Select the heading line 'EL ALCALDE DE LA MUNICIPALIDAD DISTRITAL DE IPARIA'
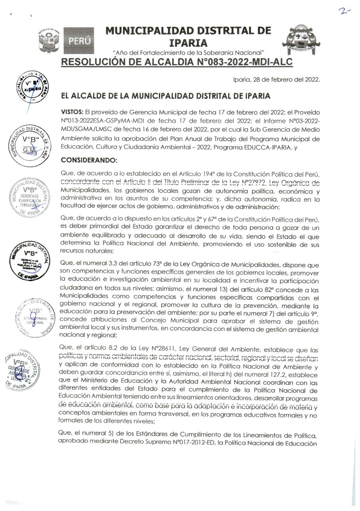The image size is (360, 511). (x=166, y=95)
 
